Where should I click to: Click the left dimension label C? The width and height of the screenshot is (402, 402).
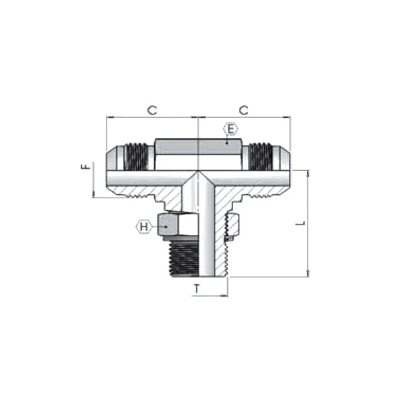click(x=153, y=110)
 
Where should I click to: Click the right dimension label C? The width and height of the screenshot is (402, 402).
click(x=244, y=110)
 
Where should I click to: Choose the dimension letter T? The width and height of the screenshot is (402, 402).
click(x=197, y=289)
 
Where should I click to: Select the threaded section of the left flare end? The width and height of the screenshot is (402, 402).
click(x=138, y=157)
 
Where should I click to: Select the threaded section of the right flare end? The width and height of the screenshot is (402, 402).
click(x=258, y=157)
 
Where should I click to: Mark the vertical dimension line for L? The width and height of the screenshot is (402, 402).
click(x=308, y=223)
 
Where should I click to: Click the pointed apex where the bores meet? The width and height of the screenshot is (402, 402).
click(x=198, y=172)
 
